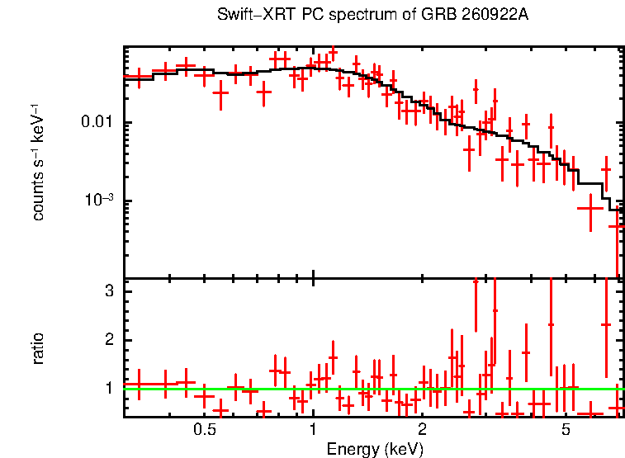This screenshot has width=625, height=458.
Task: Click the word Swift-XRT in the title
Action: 257,15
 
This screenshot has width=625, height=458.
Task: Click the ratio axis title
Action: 37,349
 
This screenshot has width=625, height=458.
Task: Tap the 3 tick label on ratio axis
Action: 110,290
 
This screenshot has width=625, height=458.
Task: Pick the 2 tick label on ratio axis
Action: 110,339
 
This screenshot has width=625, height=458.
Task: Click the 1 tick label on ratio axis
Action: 110,388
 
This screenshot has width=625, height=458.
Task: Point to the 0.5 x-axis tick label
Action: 205,429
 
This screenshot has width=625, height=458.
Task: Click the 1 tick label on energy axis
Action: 313,429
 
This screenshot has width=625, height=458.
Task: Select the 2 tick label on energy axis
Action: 422,429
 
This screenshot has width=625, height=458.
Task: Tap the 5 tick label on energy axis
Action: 566,429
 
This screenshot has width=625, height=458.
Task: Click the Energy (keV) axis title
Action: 375,449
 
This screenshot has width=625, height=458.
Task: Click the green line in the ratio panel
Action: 374,389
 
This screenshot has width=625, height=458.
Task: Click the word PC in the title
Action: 313,15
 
